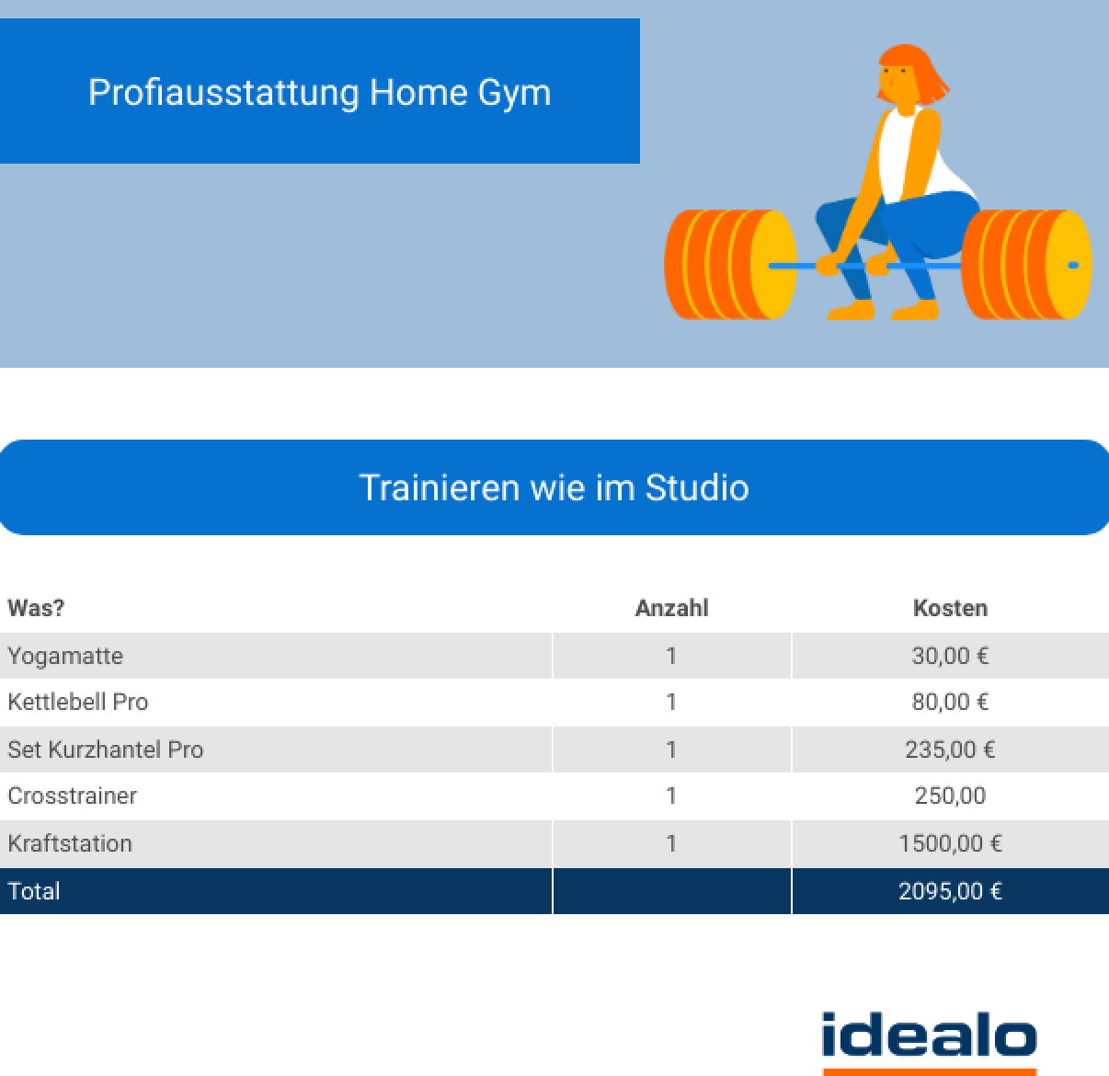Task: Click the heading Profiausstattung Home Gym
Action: [x=320, y=93]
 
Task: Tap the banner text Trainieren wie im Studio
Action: [x=554, y=487]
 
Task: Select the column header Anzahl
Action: [x=672, y=608]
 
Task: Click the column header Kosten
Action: [x=950, y=608]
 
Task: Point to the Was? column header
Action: [x=36, y=608]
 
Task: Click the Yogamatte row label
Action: [x=65, y=656]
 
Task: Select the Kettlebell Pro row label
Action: [x=78, y=702]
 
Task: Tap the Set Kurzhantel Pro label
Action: [x=106, y=750]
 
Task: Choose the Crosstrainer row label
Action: [x=73, y=796]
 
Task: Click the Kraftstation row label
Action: [x=70, y=843]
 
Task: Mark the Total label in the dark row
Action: [x=34, y=891]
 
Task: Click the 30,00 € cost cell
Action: [x=950, y=656]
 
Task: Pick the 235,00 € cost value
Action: [x=950, y=750]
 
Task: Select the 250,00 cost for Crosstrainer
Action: [x=950, y=796]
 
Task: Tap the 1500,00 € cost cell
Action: [x=950, y=843]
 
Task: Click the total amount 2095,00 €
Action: [x=950, y=891]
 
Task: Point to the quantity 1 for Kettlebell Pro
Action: [x=671, y=702]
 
